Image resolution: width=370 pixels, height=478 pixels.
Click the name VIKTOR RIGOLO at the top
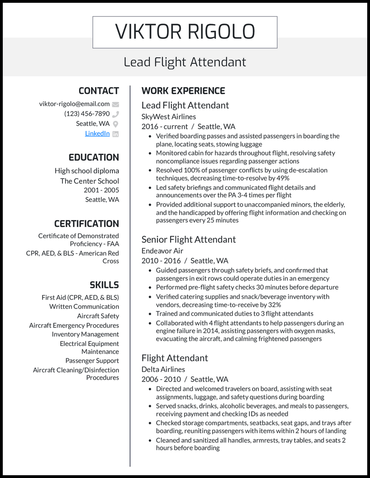[185, 32]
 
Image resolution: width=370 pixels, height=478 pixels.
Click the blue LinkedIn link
[97, 133]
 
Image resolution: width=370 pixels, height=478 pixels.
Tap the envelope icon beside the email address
[116, 104]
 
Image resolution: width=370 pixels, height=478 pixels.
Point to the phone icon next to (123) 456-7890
[116, 114]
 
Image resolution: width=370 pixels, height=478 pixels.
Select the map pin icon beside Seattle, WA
[116, 124]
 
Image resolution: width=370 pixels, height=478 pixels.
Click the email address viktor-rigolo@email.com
[74, 104]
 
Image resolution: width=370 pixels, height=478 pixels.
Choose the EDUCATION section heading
[93, 157]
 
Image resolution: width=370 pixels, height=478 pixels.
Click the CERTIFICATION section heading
[86, 224]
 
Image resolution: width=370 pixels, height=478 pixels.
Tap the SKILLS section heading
[104, 285]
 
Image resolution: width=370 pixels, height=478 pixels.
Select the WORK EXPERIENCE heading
[183, 91]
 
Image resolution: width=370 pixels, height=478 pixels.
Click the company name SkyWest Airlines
[168, 117]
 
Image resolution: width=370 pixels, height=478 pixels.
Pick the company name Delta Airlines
[163, 369]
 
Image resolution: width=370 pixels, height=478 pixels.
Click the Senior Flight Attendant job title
[188, 239]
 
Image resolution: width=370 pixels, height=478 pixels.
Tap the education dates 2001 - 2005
[101, 190]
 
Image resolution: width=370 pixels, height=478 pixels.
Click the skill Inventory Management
[85, 334]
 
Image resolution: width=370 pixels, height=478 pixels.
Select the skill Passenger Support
[92, 361]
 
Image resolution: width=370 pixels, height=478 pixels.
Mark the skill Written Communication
[84, 307]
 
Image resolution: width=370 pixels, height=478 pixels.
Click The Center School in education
[89, 181]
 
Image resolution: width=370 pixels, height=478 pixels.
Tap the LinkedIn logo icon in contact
[116, 134]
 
